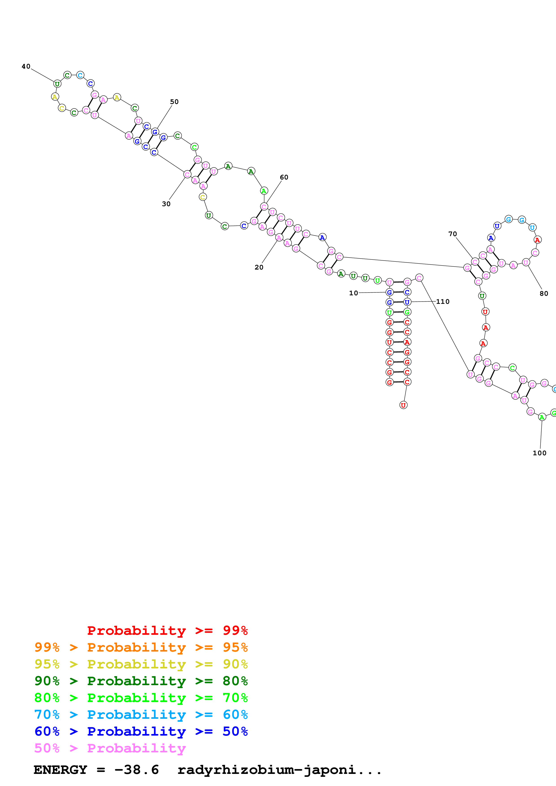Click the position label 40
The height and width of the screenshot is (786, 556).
[26, 66]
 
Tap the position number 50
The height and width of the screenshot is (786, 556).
[174, 102]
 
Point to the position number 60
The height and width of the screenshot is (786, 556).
[284, 177]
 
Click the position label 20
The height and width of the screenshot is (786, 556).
[259, 267]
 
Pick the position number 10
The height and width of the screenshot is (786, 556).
[353, 293]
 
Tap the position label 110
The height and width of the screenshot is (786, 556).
[443, 302]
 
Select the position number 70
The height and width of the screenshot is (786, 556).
[453, 234]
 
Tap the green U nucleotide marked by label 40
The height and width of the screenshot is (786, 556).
[57, 84]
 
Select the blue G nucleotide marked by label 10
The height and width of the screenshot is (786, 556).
[390, 292]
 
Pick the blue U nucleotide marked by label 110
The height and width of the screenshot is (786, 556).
[407, 302]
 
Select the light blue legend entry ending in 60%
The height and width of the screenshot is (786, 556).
[141, 715]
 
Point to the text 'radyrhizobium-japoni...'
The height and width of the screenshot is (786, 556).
[279, 770]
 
